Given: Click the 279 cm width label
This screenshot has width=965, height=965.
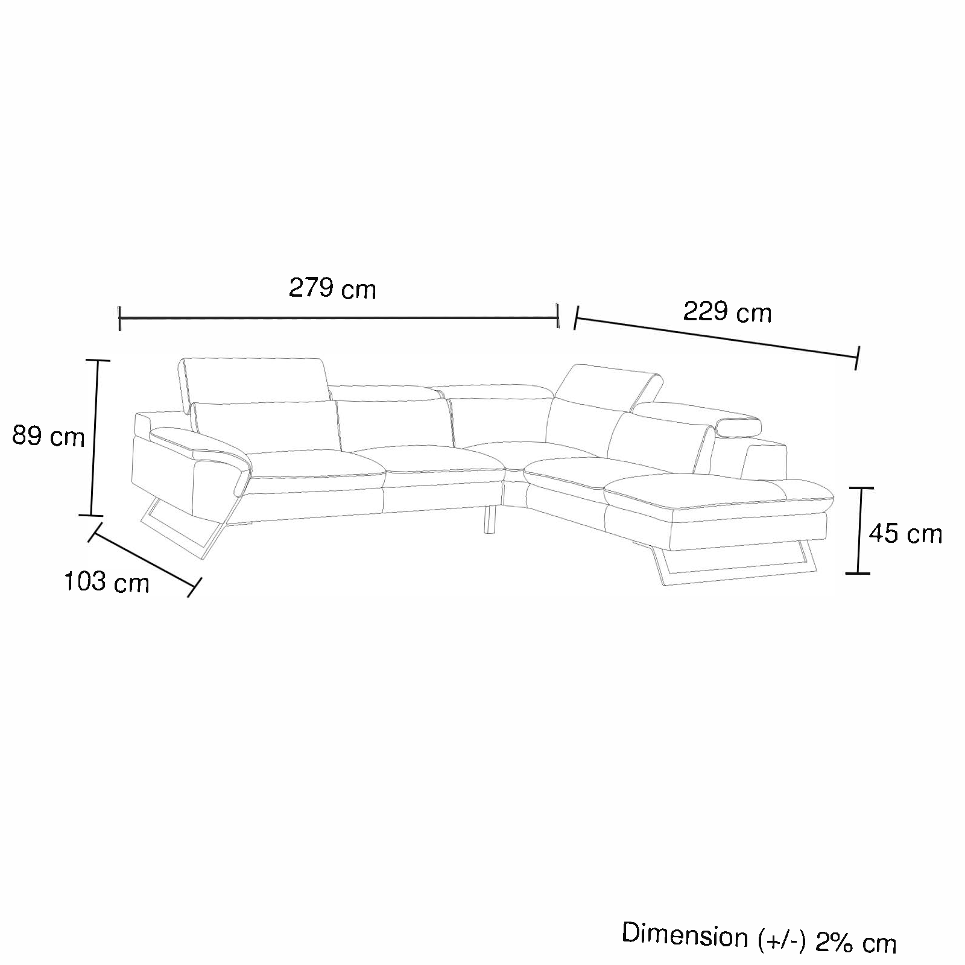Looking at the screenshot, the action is pos(332,289).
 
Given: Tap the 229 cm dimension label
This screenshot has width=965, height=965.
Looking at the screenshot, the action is pos(727,312).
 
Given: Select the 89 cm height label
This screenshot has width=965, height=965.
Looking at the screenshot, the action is pos(48,435).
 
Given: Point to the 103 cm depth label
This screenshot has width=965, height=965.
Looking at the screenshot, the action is pos(106,582).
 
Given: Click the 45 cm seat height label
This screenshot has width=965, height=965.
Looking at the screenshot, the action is pos(905,533).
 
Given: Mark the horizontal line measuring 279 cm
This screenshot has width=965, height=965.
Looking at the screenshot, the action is pos(339,318).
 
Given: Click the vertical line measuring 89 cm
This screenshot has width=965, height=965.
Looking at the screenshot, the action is pos(94,438).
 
